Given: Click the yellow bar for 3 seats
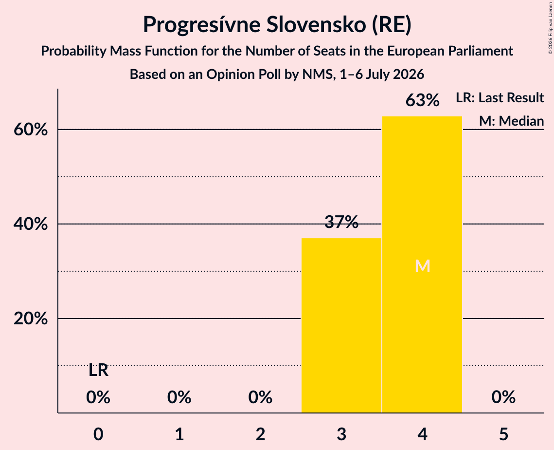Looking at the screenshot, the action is [341, 325].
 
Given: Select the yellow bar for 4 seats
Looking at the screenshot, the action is [422, 264].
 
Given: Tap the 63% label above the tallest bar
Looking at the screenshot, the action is [422, 100].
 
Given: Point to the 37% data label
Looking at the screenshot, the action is [341, 222].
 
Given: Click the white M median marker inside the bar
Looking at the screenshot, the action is [422, 266].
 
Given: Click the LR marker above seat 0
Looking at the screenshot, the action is [98, 370].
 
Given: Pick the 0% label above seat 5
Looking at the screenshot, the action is [503, 397].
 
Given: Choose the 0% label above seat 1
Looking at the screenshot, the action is [179, 397].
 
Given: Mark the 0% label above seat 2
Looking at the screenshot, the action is [260, 397].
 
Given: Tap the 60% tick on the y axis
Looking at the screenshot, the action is [30, 130].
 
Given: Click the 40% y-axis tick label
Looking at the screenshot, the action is [30, 224].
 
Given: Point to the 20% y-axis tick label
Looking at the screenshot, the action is [30, 319].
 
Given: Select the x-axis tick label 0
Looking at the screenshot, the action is [98, 434].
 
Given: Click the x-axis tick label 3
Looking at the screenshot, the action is [341, 434].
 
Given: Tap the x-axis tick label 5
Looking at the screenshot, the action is [503, 434].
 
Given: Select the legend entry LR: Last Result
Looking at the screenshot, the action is [500, 97].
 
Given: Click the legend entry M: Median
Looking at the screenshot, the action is [511, 121].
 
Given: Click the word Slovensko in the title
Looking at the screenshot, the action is [316, 24].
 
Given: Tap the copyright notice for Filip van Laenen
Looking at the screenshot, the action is [550, 28].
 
